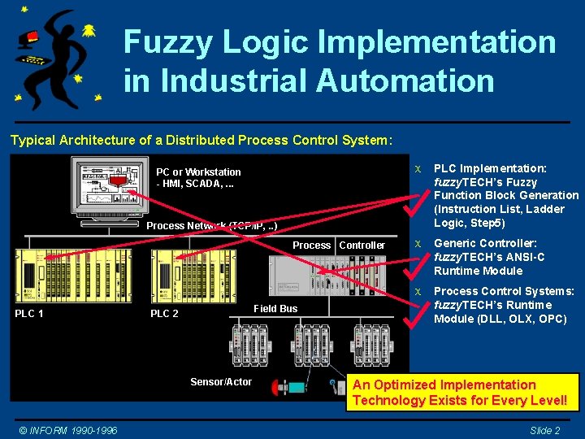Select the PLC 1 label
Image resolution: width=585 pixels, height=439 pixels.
[x=29, y=314]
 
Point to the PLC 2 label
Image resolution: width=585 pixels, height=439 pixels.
[x=165, y=314]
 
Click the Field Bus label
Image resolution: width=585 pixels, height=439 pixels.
[x=275, y=308]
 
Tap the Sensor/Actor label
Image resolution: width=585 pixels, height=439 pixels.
[x=221, y=382]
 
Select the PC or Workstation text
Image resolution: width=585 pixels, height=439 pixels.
[x=198, y=172]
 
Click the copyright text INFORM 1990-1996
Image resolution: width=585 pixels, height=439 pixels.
[x=68, y=430]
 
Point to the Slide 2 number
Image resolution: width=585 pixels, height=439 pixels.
[x=544, y=430]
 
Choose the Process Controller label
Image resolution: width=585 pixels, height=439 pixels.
[x=339, y=245]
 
